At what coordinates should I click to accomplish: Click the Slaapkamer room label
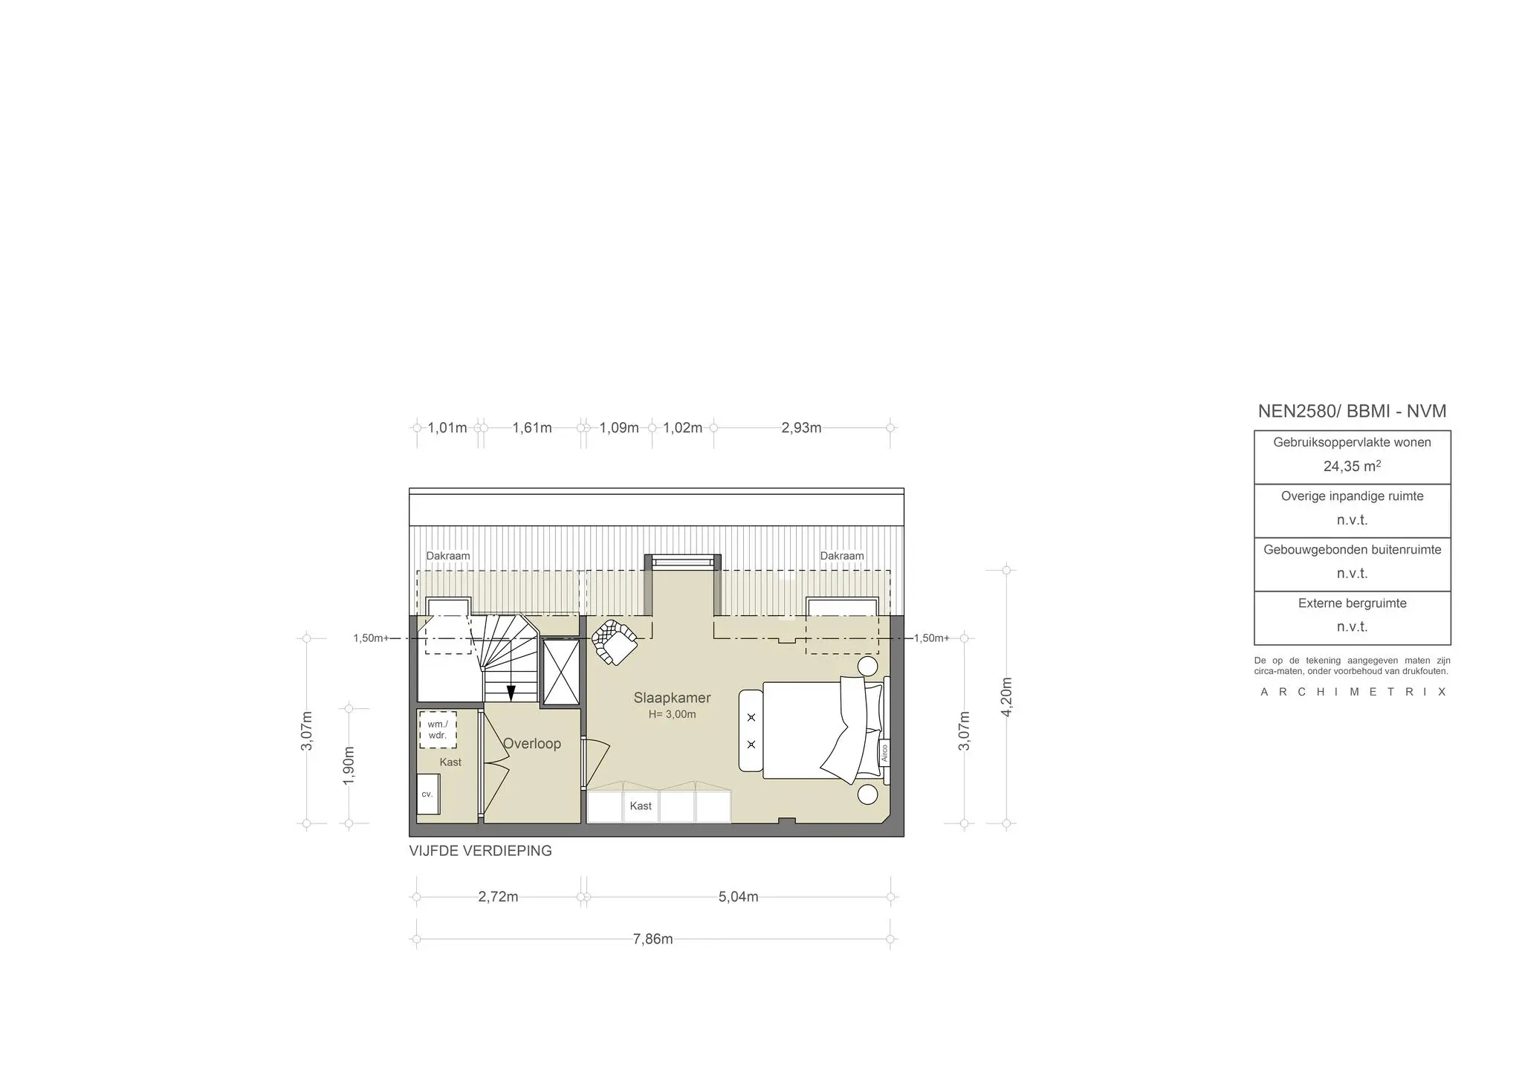[672, 698]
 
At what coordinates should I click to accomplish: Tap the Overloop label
[532, 743]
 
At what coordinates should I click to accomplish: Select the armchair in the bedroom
[614, 641]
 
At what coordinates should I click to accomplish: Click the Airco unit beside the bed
[884, 752]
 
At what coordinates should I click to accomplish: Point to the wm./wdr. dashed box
[438, 730]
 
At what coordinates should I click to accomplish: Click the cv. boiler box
[427, 794]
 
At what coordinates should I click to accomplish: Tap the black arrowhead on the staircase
[511, 694]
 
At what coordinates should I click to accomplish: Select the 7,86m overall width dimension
[653, 939]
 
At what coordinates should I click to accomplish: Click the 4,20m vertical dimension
[1007, 697]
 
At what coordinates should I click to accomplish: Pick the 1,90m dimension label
[349, 765]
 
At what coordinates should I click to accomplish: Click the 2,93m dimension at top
[801, 428]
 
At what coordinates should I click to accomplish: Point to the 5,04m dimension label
[738, 897]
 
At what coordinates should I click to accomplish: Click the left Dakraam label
[448, 556]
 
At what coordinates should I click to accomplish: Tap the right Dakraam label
[842, 556]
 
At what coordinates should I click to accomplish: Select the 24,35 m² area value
[1352, 466]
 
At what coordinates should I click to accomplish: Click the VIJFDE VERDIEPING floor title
[481, 851]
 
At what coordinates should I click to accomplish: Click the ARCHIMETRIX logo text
[1353, 692]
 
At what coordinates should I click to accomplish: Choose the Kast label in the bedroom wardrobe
[641, 806]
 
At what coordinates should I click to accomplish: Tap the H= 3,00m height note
[672, 715]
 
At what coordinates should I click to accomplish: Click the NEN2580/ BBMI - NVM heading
[1352, 411]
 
